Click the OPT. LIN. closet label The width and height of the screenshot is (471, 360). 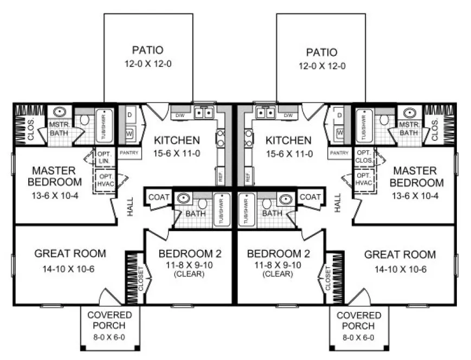coord(104,158)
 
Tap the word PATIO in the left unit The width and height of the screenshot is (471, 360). coord(147,50)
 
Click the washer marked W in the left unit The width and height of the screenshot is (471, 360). coord(130,133)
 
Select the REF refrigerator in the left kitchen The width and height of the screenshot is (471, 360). coord(220,176)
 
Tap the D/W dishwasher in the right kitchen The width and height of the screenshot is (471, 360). coord(288,115)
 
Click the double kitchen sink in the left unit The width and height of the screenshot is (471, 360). coord(204,113)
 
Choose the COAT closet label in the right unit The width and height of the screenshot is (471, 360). coord(310,197)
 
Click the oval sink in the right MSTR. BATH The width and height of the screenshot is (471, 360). coord(410,113)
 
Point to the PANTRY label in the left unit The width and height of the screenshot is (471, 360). coord(130,153)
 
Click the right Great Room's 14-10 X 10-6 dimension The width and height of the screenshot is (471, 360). coord(399,269)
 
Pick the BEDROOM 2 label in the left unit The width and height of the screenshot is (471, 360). coord(190,254)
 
